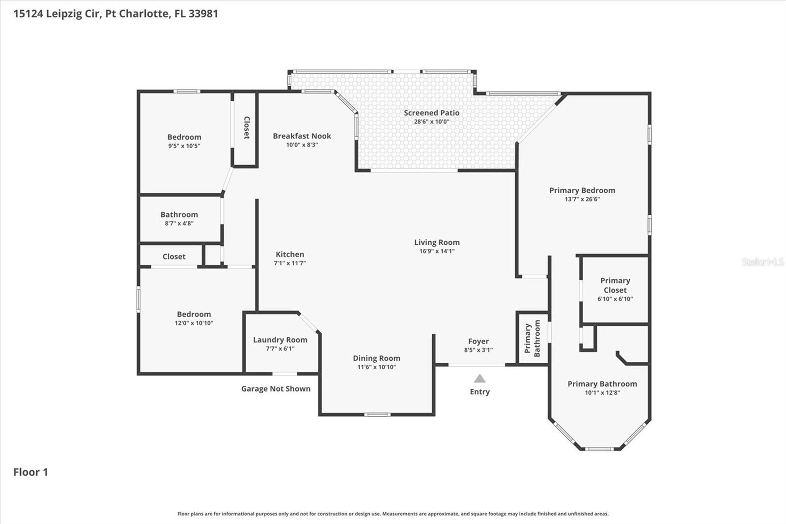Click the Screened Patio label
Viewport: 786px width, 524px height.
coord(431,113)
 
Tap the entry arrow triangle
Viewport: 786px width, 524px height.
coord(479,378)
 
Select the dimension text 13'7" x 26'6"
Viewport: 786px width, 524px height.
coord(582,199)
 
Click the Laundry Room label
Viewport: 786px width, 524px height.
coord(280,340)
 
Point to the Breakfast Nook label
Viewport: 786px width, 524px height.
coord(302,136)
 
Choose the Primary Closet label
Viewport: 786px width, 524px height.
coord(615,285)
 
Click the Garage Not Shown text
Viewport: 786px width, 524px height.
coord(276,389)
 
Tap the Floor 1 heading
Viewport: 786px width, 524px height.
coord(30,472)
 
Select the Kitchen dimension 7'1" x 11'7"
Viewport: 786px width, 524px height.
coord(289,263)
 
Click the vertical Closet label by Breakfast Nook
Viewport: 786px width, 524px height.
coord(247,127)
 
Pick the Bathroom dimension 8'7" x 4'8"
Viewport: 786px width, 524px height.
coord(179,223)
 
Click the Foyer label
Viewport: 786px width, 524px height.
coord(478,341)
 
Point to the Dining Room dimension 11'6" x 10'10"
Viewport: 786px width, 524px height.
coord(376,367)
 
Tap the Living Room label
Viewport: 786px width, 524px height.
coord(437,242)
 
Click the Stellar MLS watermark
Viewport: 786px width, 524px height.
coord(762,262)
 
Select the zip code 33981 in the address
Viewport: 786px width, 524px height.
coord(203,13)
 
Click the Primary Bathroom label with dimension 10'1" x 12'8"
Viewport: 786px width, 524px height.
coord(602,384)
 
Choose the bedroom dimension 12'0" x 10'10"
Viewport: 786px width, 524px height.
coord(194,323)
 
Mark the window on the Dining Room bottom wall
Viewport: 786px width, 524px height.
coord(377,414)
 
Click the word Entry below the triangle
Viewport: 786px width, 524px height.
coord(479,392)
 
